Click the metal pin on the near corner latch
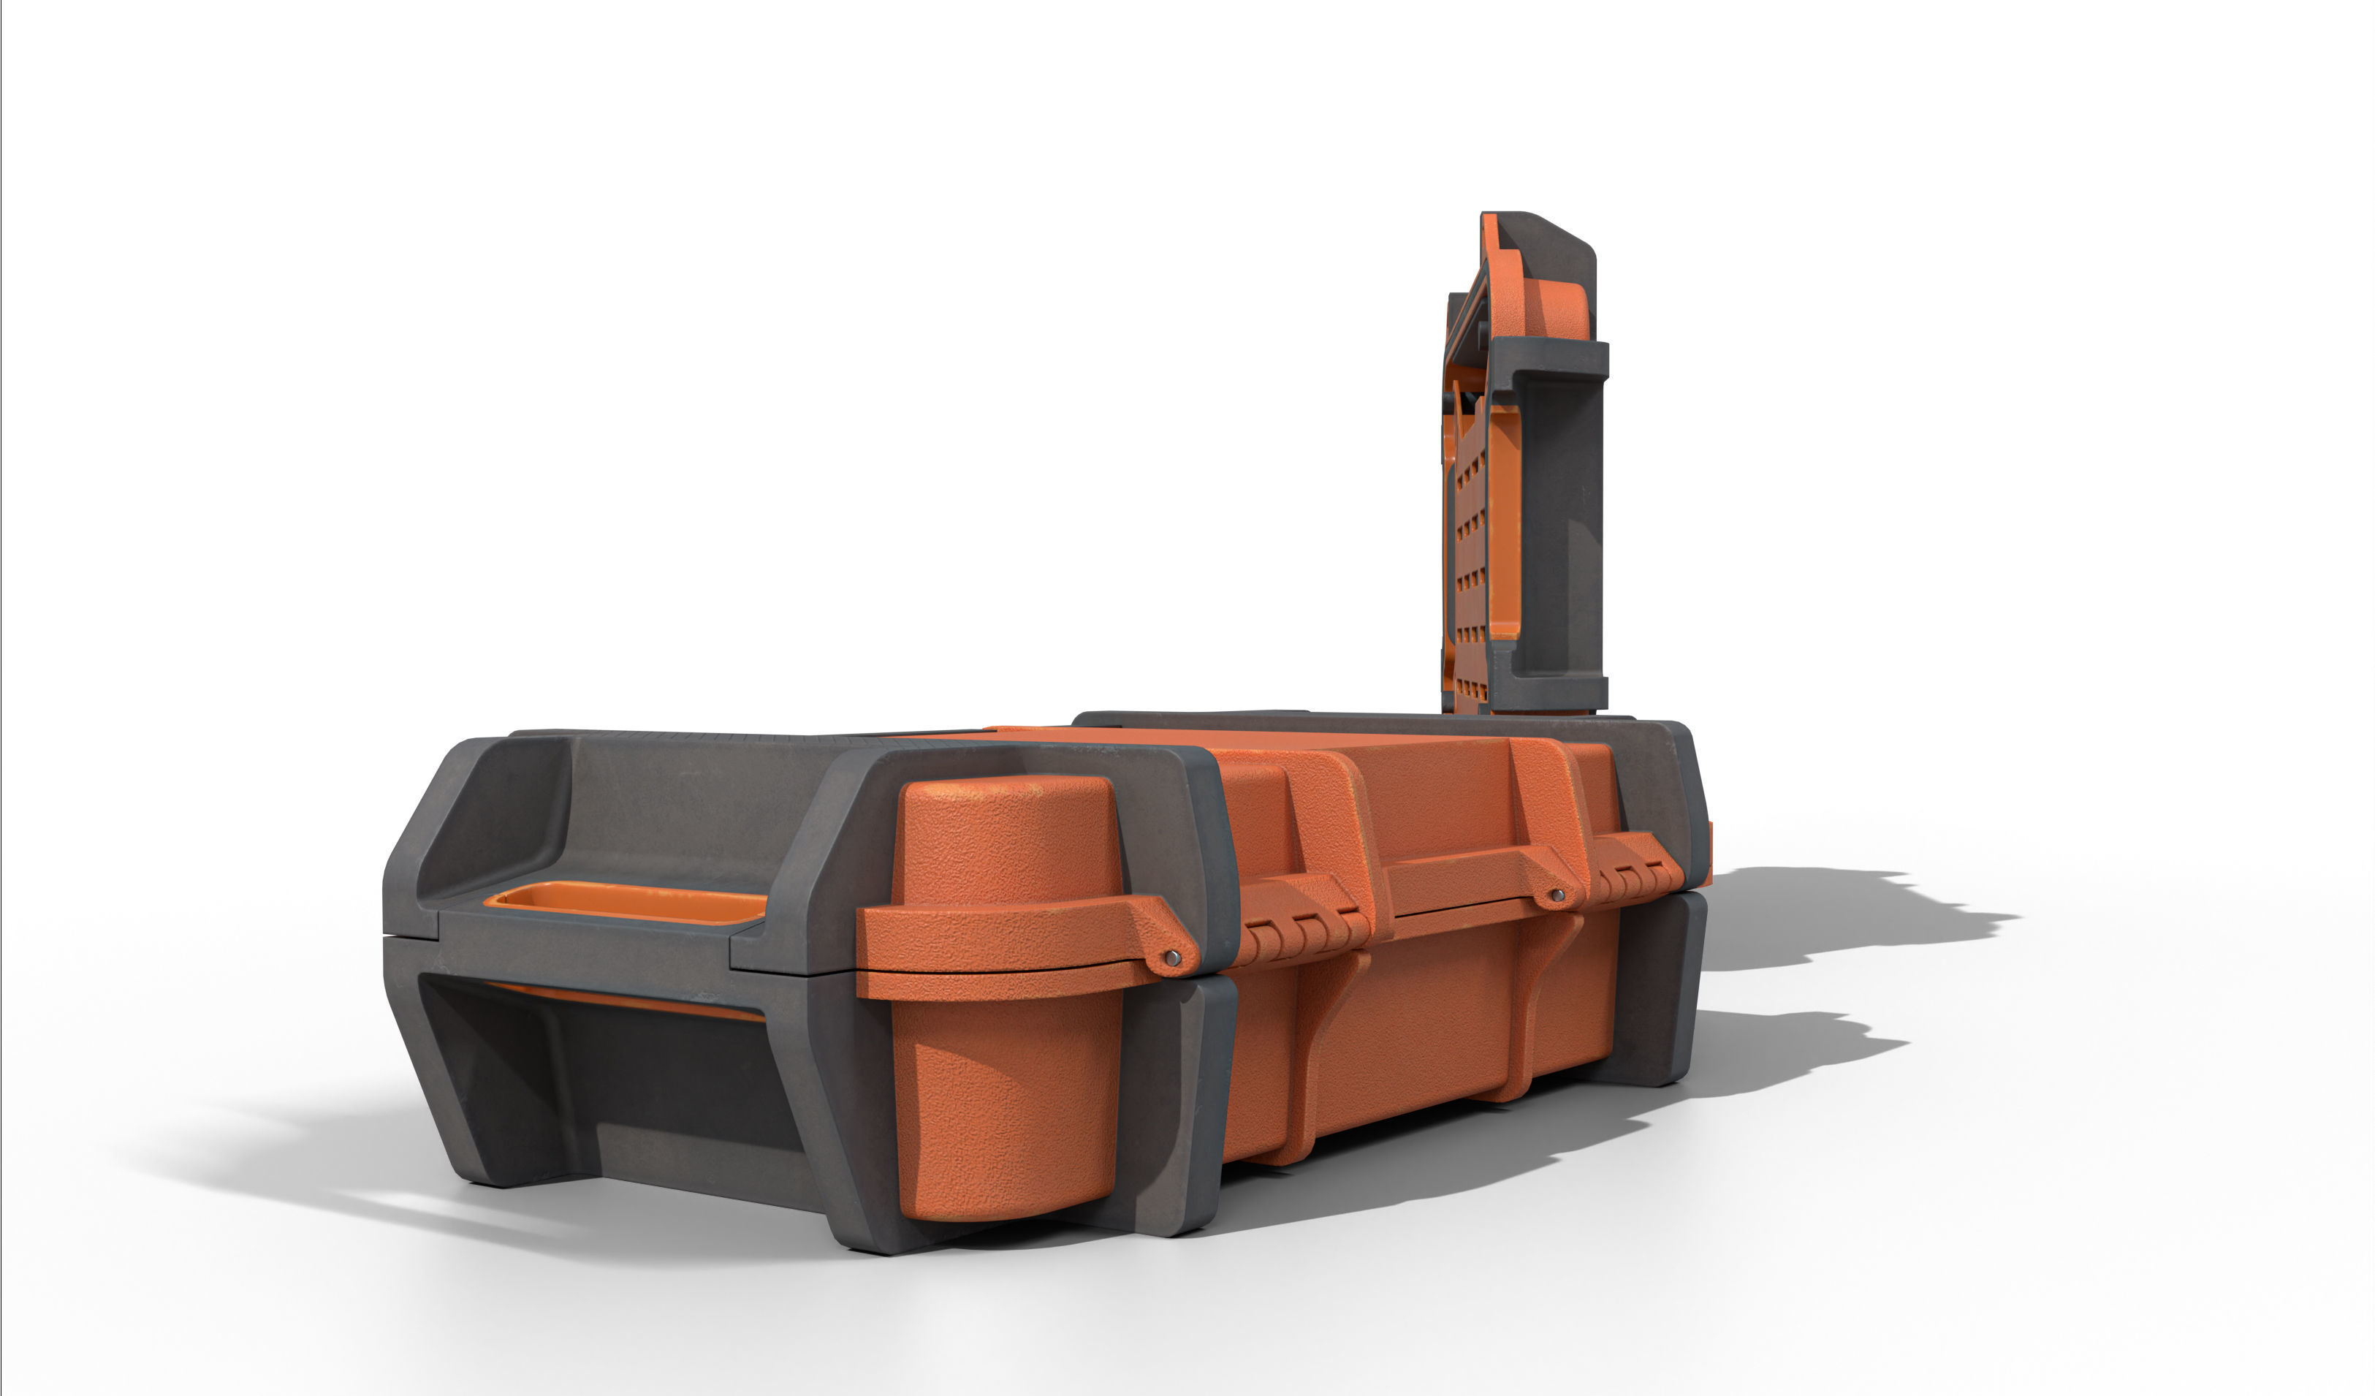pyautogui.click(x=1171, y=957)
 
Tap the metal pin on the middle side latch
pyautogui.click(x=1558, y=895)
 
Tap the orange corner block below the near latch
pyautogui.click(x=1006, y=1112)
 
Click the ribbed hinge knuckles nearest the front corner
pyautogui.click(x=1305, y=934)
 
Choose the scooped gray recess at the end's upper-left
pyautogui.click(x=495, y=816)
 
